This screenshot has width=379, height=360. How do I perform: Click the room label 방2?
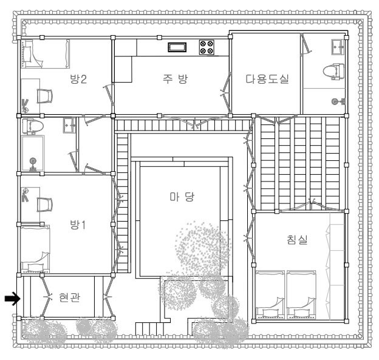pos(78,79)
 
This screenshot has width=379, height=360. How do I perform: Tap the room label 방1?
pos(78,225)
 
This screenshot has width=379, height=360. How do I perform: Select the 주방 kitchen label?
pos(176,79)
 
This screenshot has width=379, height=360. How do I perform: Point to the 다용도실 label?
pos(267,79)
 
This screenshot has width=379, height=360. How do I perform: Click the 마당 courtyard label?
pos(182,197)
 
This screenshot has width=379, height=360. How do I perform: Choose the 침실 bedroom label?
pos(297,239)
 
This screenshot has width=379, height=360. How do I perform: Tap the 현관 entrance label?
pos(70,297)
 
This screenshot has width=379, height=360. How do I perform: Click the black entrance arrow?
pos(12,299)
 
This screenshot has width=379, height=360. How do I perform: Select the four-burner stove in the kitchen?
pos(207,47)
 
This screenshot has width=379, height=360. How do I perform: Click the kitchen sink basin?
pos(177,47)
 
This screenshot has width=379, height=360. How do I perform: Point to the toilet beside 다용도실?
pos(333,72)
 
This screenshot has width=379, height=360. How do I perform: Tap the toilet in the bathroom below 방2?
pos(33,126)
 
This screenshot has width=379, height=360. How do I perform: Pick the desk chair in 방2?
pos(45,96)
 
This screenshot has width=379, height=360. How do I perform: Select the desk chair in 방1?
pos(45,205)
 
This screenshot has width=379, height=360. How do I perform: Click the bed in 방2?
pos(45,53)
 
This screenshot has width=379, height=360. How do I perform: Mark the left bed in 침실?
pos(270,294)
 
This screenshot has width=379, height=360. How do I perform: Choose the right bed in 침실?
pos(301,294)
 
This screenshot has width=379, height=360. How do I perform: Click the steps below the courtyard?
pos(149,328)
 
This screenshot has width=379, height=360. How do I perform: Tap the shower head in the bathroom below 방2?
pos(33,161)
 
